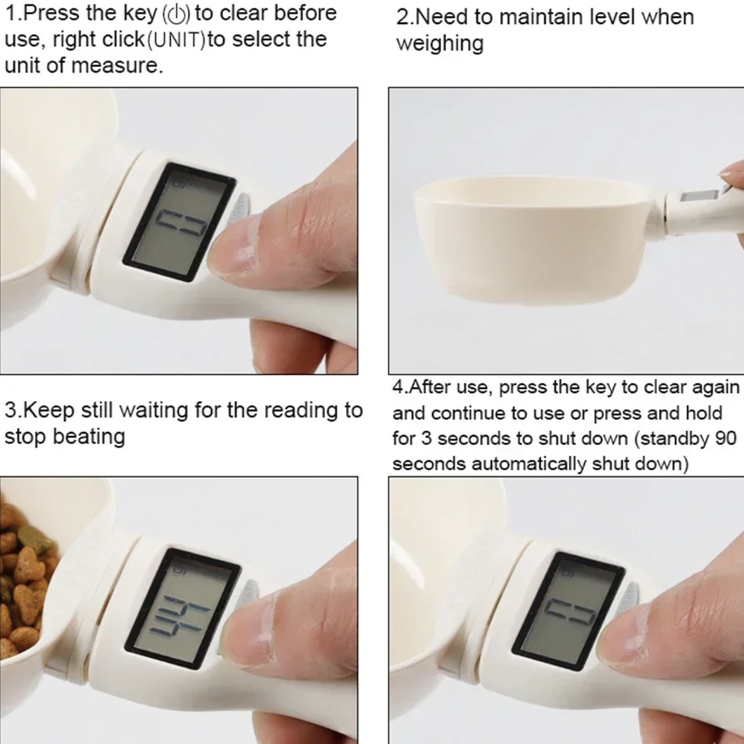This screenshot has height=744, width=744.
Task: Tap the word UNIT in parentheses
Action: point(176,41)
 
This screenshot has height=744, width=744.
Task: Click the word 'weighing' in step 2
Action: point(440,45)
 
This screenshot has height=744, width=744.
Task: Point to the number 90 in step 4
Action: point(725,438)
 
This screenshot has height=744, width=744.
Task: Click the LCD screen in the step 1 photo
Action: point(179,222)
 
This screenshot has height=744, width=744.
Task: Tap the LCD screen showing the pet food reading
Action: point(182,609)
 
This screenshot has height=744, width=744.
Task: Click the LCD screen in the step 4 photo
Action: point(568,611)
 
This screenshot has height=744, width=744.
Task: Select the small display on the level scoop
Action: point(699,196)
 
